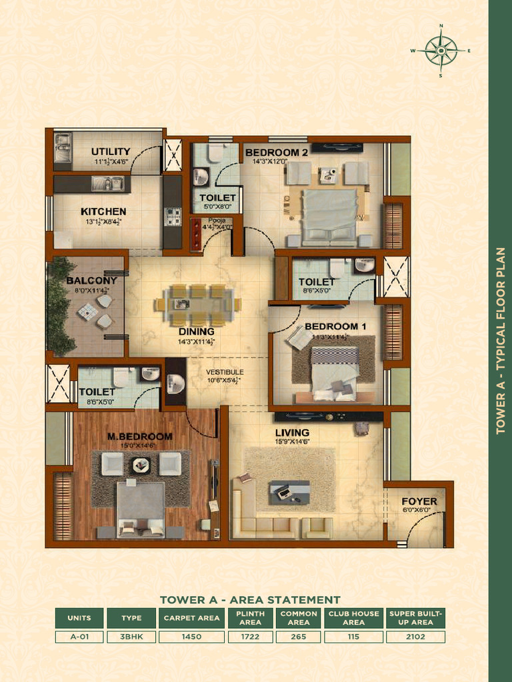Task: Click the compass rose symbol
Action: [x=441, y=51]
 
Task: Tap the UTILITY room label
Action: [x=111, y=152]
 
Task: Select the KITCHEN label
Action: [x=103, y=212]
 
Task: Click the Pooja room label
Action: [x=217, y=220]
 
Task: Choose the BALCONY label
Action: [x=91, y=280]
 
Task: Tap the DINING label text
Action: [x=196, y=332]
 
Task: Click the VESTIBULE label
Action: [x=225, y=372]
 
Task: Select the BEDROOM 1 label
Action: [x=327, y=326]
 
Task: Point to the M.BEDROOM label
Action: [x=140, y=436]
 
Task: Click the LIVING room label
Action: [x=292, y=432]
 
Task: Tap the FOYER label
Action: [x=419, y=501]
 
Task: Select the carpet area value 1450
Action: [x=192, y=637]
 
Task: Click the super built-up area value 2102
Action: [x=416, y=637]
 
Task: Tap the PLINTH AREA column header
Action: [x=250, y=617]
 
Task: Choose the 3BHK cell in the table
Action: [x=131, y=637]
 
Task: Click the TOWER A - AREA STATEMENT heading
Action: [x=250, y=599]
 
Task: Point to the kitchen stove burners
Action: [x=173, y=215]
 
